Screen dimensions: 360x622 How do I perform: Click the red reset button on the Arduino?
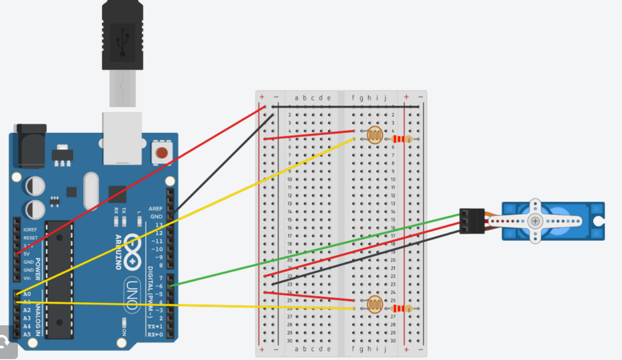point(162,152)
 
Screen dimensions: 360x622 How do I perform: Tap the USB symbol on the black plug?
point(122,42)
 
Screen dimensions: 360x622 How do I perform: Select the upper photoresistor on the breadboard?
point(375,135)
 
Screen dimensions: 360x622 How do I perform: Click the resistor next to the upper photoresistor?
point(402,139)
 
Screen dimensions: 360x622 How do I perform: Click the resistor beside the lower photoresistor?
point(402,308)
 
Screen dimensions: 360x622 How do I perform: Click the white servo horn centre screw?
point(535,221)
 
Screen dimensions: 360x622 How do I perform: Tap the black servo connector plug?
point(471,221)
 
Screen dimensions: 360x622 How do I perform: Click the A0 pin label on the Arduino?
point(27,294)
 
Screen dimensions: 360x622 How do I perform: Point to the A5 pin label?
point(27,334)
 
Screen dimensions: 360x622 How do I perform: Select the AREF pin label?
point(156,209)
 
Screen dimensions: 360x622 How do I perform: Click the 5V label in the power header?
point(26,254)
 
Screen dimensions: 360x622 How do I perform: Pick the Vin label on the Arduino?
point(27,278)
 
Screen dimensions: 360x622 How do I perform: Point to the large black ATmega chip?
point(60,278)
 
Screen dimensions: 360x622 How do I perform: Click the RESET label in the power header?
point(30,238)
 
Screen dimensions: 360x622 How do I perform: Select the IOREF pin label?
point(30,230)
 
